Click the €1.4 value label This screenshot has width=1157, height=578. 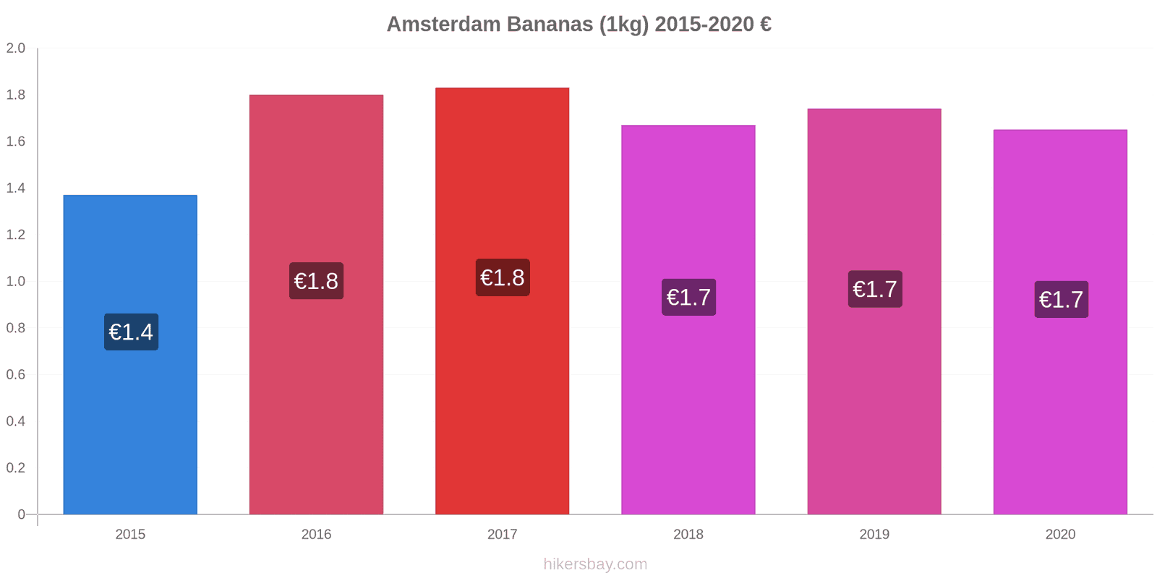131,332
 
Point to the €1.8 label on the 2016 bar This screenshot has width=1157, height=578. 316,281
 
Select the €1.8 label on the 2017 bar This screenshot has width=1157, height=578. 503,277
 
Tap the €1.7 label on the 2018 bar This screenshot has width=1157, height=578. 688,297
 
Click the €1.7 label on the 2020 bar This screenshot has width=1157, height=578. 1061,299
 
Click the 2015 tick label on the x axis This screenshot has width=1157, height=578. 130,535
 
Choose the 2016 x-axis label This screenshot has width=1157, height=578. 316,535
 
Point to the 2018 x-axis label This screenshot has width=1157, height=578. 688,535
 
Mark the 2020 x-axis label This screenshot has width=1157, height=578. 1060,535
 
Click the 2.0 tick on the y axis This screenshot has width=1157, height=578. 16,48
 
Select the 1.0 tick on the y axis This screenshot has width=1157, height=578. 16,282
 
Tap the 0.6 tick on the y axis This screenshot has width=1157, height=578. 16,375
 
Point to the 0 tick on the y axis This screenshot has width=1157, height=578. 21,514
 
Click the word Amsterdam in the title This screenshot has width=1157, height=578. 443,24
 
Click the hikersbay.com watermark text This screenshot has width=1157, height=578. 595,564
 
